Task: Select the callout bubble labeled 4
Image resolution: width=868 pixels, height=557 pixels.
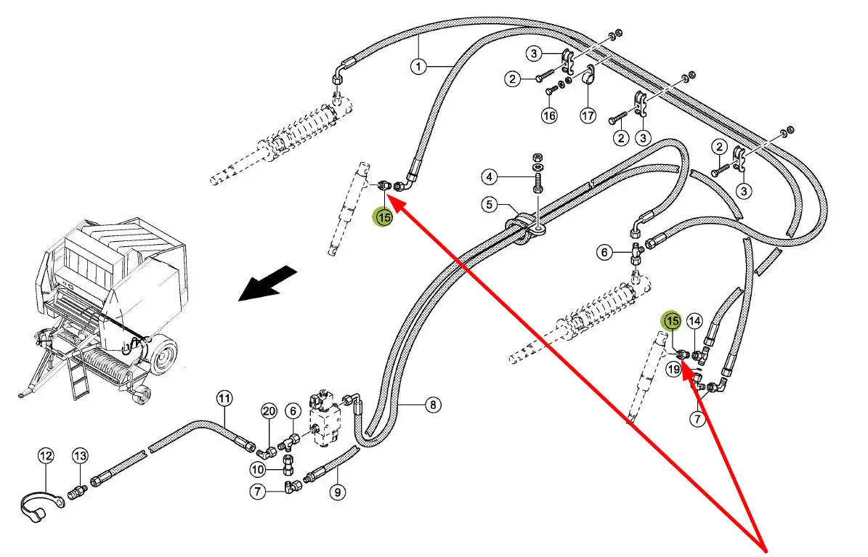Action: click(490, 176)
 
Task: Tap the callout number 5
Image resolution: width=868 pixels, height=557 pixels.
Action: click(490, 204)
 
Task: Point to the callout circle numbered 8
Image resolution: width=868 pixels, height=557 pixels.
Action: click(432, 405)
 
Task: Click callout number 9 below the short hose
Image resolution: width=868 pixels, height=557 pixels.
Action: click(337, 492)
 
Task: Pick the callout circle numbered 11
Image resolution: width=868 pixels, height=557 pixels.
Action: click(224, 398)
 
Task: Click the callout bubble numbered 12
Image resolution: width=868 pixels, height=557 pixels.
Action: click(46, 456)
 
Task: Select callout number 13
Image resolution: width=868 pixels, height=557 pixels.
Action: click(79, 456)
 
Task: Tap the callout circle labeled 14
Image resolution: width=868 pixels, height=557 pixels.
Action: click(694, 320)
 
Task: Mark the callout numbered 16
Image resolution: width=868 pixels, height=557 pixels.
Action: click(549, 115)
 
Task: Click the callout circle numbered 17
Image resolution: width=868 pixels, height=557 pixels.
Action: click(588, 115)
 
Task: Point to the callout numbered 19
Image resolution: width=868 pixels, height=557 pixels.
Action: click(673, 370)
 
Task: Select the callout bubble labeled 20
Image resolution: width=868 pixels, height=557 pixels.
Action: click(269, 411)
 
